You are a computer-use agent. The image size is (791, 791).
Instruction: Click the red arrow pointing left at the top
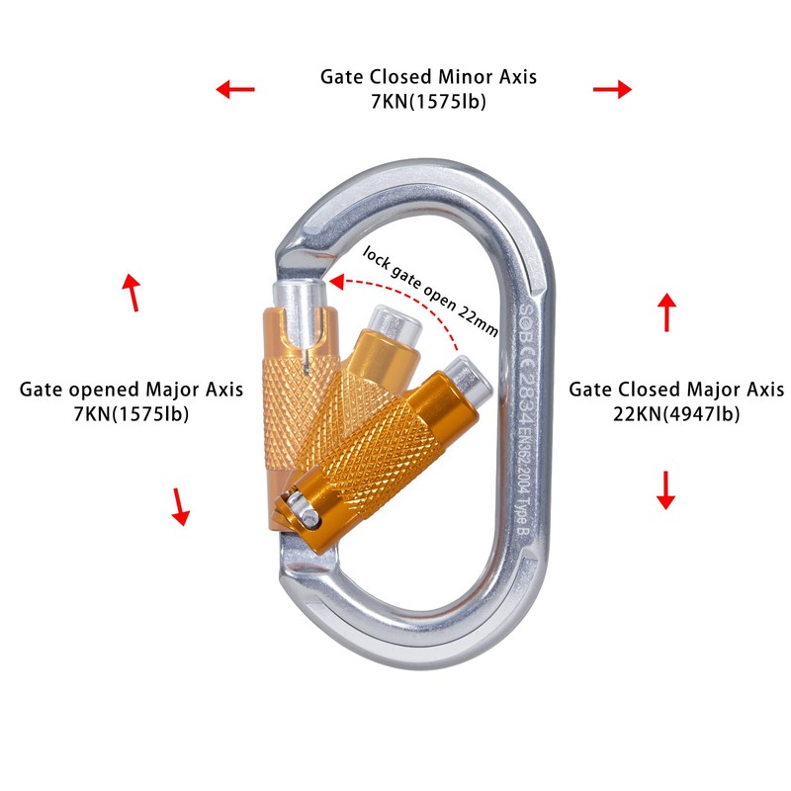[x=235, y=90]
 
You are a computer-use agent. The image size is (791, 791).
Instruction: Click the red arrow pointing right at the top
[x=612, y=89]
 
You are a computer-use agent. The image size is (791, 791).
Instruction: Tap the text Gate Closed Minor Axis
[x=428, y=76]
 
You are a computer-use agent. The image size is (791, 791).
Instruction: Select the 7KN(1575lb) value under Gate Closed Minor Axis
[x=428, y=101]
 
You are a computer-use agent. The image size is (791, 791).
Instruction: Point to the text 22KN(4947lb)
[x=676, y=414]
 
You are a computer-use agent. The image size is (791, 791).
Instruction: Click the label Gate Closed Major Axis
[x=676, y=390]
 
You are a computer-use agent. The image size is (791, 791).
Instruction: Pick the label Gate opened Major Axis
[x=132, y=390]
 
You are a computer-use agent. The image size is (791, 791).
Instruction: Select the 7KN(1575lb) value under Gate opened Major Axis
[x=132, y=414]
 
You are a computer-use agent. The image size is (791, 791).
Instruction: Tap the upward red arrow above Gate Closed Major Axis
[x=667, y=311]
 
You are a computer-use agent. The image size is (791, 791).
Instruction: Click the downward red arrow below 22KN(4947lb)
[x=666, y=489]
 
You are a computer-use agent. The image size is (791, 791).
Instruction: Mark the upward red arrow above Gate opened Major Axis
[x=131, y=292]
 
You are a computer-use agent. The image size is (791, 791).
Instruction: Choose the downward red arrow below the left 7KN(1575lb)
[x=180, y=505]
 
